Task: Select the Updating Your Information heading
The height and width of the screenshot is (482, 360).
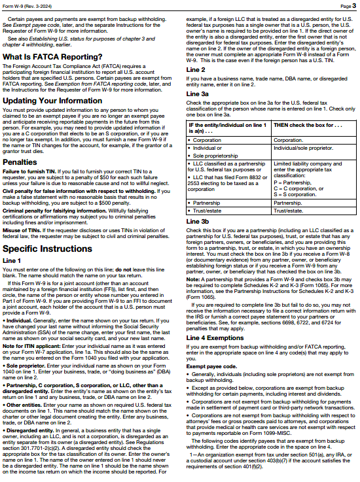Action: point(52,101)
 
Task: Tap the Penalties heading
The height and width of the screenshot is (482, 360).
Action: point(20,161)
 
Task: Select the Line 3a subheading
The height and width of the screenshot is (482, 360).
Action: point(198,94)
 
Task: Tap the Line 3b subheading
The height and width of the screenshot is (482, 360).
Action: point(198,222)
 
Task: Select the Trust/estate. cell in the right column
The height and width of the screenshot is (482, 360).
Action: point(289,211)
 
